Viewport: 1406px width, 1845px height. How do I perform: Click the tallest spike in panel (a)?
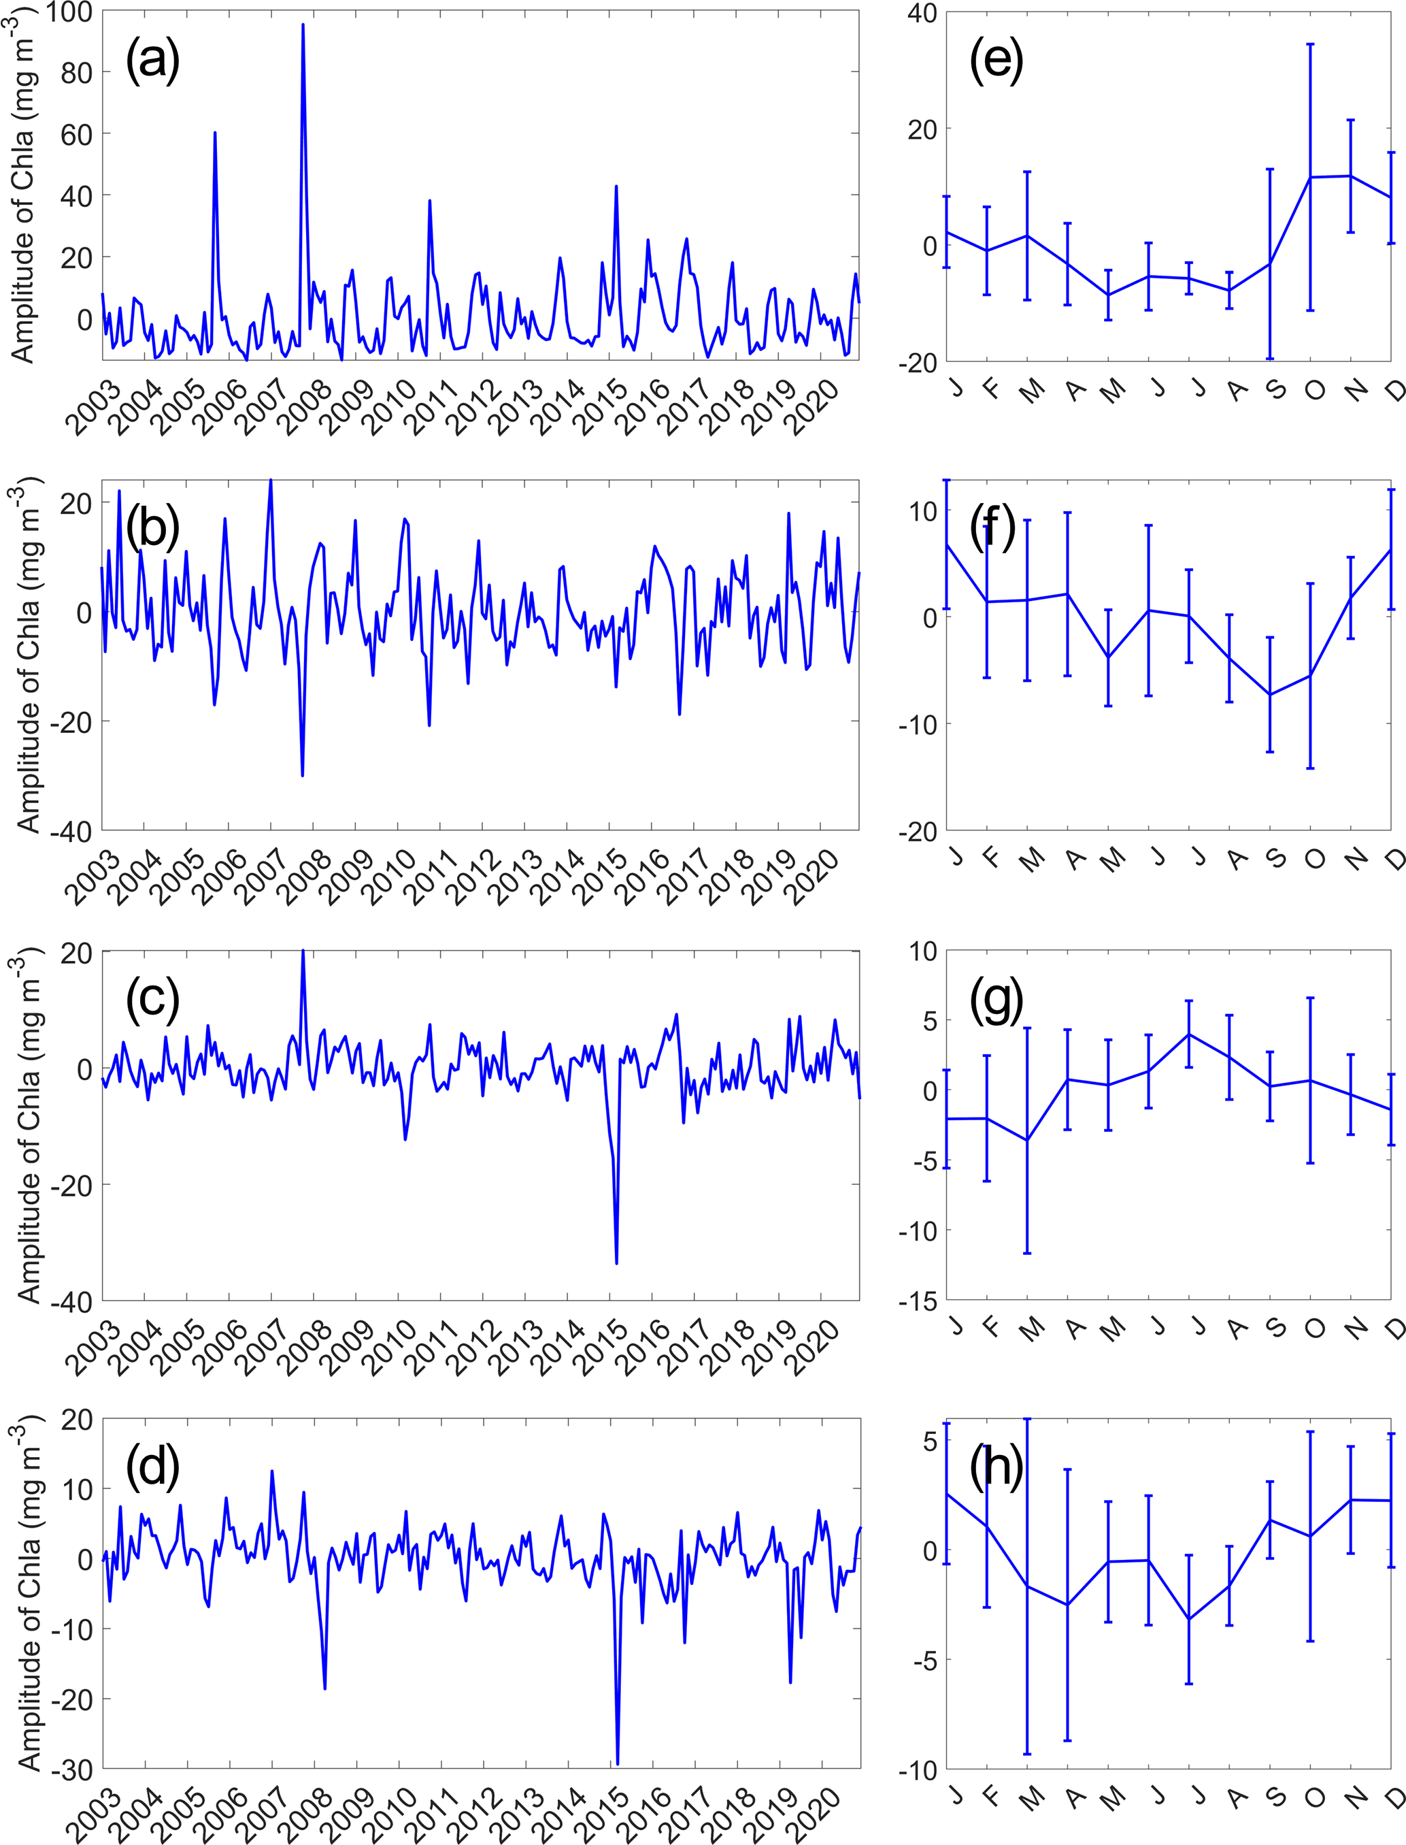click(303, 25)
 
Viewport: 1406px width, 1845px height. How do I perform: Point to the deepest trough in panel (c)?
click(617, 1263)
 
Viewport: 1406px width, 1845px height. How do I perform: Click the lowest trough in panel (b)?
click(302, 776)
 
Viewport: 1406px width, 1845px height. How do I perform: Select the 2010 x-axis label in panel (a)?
click(392, 408)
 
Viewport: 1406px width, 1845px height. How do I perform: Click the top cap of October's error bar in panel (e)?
click(1311, 44)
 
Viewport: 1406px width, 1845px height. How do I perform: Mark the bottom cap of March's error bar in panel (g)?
click(1027, 1253)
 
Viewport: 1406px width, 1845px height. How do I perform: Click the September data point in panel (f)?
click(1271, 694)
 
